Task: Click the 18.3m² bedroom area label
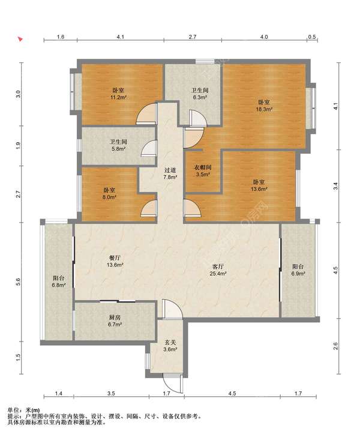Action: coord(264,106)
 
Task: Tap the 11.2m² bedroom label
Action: coord(118,94)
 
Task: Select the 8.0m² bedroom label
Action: coord(110,194)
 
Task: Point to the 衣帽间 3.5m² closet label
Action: coord(203,171)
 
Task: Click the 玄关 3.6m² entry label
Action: coord(170,346)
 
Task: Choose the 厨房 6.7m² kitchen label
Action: coord(115,321)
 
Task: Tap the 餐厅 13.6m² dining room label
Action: coord(115,261)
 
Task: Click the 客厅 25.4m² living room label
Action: coord(218,270)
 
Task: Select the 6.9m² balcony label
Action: coord(298,270)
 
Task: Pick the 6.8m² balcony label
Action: coord(59,281)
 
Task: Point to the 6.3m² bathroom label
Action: coord(200,94)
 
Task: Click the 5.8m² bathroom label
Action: coord(118,145)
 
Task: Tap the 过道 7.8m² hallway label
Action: coord(170,173)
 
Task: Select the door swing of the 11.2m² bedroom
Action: coord(146,113)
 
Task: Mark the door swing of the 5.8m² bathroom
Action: coord(149,148)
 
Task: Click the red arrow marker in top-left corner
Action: coord(20,39)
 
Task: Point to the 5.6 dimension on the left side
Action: coord(19,282)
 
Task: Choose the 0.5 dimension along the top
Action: coord(312,37)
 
